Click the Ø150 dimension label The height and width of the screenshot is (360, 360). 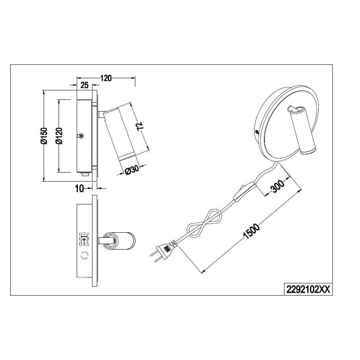pyautogui.click(x=44, y=136)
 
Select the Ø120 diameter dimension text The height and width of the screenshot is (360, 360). pyautogui.click(x=59, y=136)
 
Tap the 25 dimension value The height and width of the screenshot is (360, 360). pyautogui.click(x=85, y=85)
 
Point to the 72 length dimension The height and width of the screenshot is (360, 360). pyautogui.click(x=140, y=126)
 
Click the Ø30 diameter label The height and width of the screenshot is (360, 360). pyautogui.click(x=132, y=170)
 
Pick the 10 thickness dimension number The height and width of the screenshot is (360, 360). pyautogui.click(x=79, y=189)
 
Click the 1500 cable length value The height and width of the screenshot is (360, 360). pyautogui.click(x=252, y=231)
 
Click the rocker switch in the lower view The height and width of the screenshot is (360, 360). pyautogui.click(x=84, y=239)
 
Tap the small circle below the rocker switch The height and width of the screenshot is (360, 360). pyautogui.click(x=85, y=255)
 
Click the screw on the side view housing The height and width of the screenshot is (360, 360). pyautogui.click(x=81, y=136)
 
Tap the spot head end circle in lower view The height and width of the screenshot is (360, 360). pyautogui.click(x=109, y=241)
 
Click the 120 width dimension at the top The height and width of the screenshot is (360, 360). pyautogui.click(x=106, y=78)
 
